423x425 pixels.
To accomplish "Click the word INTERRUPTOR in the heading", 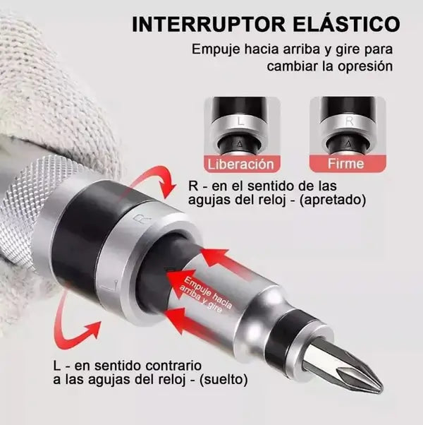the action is (209, 25).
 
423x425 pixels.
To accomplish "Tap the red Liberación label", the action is (240, 164).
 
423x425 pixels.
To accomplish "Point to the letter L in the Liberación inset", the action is (240, 121).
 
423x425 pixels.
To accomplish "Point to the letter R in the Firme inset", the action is (350, 121).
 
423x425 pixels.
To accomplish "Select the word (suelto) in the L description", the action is (223, 380).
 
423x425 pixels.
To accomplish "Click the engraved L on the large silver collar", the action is (111, 287).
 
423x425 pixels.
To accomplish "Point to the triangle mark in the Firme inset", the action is (350, 143).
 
